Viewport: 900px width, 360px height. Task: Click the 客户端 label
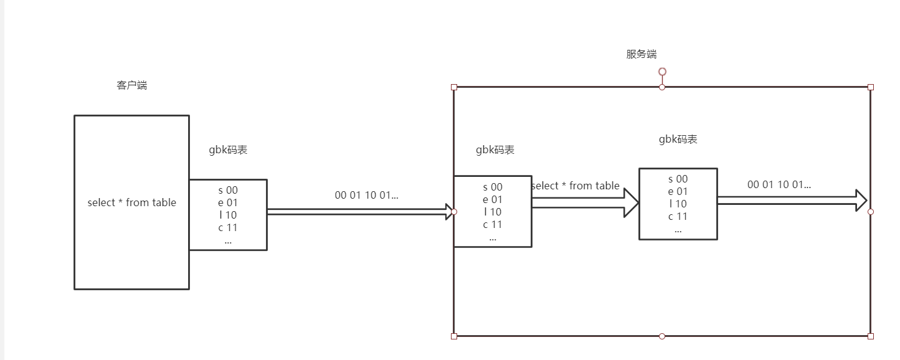click(x=131, y=85)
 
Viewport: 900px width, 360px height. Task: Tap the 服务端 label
click(x=641, y=54)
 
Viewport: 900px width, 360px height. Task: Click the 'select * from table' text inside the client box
click(x=131, y=202)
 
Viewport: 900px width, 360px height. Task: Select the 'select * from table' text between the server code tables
click(x=576, y=186)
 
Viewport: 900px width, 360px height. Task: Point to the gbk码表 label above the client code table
click(x=228, y=150)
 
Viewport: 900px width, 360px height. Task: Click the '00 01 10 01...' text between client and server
click(x=366, y=195)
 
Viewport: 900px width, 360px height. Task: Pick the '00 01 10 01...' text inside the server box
click(x=779, y=184)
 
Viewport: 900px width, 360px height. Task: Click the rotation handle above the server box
click(x=662, y=72)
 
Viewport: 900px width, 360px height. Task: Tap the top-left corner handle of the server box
click(x=453, y=87)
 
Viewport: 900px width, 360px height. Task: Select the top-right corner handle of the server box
click(x=871, y=87)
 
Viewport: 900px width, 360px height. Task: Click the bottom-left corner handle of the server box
click(x=453, y=336)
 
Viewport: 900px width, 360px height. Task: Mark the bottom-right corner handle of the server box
click(x=871, y=336)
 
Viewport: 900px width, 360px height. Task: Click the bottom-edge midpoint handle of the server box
click(x=662, y=336)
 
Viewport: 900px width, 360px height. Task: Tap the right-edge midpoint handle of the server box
click(x=871, y=212)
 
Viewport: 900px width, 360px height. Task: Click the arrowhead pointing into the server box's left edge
click(x=449, y=212)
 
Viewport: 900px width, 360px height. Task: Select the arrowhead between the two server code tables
click(x=632, y=202)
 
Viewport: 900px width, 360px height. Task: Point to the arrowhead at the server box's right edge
click(x=861, y=200)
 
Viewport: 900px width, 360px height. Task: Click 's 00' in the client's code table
click(x=228, y=190)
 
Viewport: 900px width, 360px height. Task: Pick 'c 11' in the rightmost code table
click(x=678, y=216)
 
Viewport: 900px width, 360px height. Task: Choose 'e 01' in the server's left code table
click(x=492, y=199)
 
